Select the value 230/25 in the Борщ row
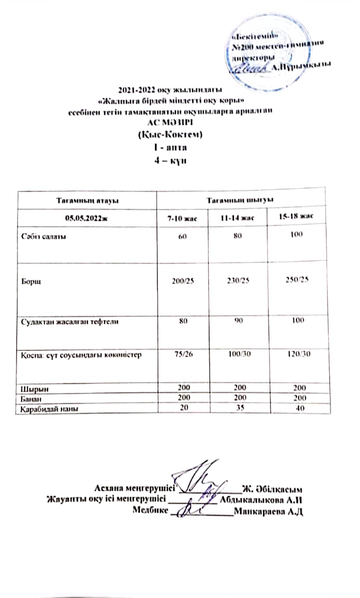point(237,280)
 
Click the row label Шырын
point(32,388)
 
